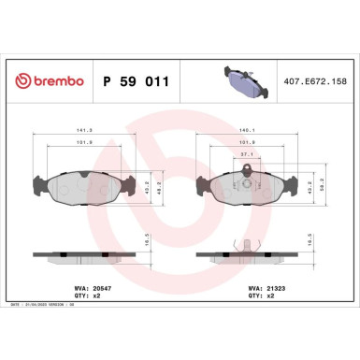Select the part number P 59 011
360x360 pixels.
tap(135, 81)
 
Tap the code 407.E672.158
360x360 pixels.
tap(313, 82)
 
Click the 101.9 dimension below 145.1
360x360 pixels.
tap(248, 143)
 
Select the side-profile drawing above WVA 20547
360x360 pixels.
tap(85, 253)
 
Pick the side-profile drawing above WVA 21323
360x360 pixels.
tap(248, 253)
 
